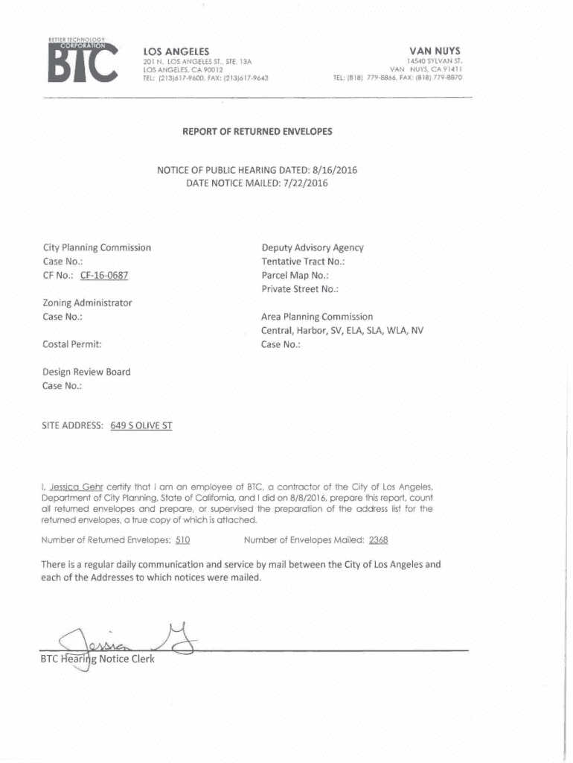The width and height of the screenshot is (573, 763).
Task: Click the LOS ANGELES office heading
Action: pyautogui.click(x=176, y=51)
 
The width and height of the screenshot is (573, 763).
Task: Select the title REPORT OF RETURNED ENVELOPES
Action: pyautogui.click(x=257, y=132)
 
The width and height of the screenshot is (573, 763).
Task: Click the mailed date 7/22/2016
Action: pyautogui.click(x=303, y=183)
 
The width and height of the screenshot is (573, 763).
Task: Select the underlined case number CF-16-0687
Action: pyautogui.click(x=104, y=275)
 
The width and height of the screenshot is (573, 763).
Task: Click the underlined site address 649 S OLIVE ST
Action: pyautogui.click(x=141, y=427)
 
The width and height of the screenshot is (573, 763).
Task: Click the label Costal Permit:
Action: pyautogui.click(x=72, y=344)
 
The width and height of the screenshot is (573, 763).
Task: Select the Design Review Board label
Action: pyautogui.click(x=86, y=372)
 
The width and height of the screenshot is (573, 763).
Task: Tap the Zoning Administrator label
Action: pyautogui.click(x=88, y=303)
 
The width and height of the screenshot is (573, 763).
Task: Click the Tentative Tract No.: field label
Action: pyautogui.click(x=303, y=262)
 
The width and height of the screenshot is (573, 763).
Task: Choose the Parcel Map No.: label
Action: pyautogui.click(x=295, y=275)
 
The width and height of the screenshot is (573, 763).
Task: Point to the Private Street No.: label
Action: pyautogui.click(x=300, y=288)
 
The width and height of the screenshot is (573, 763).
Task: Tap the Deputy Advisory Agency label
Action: pyautogui.click(x=312, y=247)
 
